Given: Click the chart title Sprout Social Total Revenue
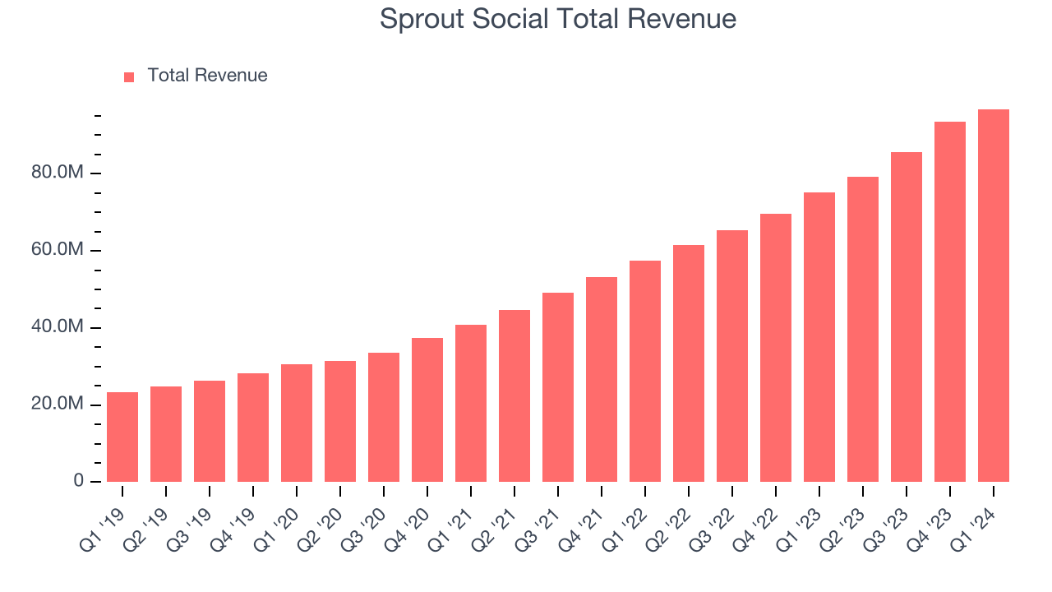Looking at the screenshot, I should [557, 19].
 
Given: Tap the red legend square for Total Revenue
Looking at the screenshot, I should [129, 76].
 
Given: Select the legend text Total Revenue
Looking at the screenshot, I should [207, 76].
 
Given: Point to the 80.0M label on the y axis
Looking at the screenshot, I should [57, 173].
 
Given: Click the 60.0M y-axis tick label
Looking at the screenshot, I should [57, 250].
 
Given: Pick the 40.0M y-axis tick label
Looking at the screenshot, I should [57, 327].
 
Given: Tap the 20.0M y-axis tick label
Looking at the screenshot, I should [57, 405].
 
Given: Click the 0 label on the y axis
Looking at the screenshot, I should [78, 481].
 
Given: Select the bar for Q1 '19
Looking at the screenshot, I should [122, 437].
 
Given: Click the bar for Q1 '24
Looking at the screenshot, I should [993, 296].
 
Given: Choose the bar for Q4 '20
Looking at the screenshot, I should [427, 410].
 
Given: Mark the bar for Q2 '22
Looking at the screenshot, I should [689, 363].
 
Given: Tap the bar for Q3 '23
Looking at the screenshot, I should [906, 317].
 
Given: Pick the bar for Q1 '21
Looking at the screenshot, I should [471, 404].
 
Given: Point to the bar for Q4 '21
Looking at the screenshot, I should [602, 380].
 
